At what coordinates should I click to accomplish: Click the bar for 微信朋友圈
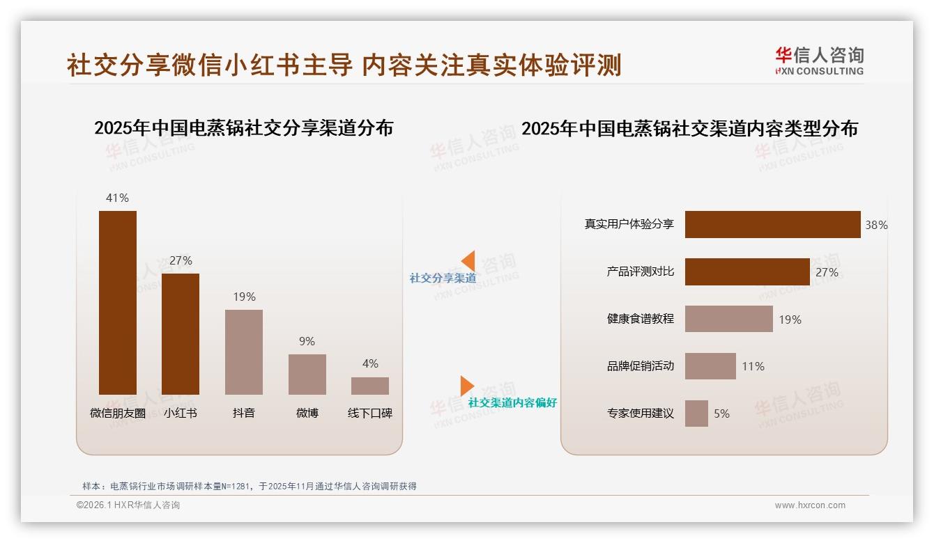118,303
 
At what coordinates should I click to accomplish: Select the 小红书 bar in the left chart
181,334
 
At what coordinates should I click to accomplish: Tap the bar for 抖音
244,352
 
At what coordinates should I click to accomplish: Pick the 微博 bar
307,375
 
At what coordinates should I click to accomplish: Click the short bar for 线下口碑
370,386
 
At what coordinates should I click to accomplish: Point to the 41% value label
117,198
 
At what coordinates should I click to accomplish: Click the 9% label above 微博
307,341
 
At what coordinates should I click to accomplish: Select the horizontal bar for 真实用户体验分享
772,225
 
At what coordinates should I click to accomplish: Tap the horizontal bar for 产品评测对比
747,272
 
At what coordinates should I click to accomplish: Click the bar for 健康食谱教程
728,319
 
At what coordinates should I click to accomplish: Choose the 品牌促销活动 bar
710,366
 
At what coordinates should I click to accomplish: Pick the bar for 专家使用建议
696,414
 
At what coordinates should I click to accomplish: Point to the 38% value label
876,226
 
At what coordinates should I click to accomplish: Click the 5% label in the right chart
721,414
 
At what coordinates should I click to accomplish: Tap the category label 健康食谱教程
640,319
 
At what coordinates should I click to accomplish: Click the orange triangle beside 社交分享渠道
468,261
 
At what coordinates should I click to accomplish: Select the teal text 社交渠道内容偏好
512,403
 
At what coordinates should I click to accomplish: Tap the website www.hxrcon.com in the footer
809,505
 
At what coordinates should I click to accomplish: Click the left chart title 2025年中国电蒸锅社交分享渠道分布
244,128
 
